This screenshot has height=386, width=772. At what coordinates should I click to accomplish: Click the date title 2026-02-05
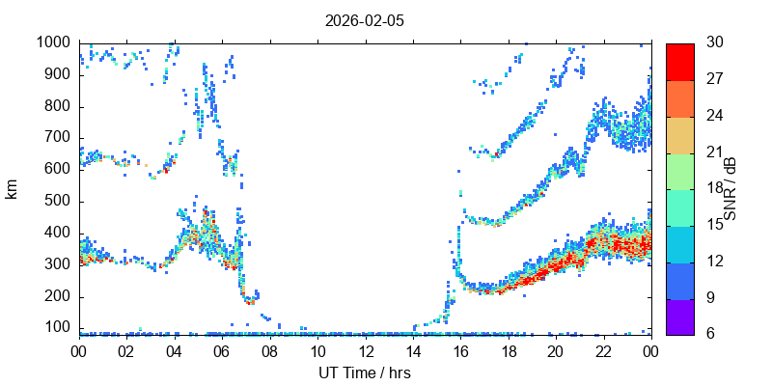(365, 19)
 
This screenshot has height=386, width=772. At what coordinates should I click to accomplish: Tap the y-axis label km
(12, 188)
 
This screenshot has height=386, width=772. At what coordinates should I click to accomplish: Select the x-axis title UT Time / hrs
(365, 372)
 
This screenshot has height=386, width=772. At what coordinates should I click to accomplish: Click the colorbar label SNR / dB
(731, 188)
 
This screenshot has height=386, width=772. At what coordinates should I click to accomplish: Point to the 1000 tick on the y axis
(53, 42)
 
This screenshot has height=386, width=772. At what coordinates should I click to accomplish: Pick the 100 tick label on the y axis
(57, 328)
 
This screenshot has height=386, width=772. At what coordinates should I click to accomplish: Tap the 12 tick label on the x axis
(365, 352)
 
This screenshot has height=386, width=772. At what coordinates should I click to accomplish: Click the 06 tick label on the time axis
(222, 352)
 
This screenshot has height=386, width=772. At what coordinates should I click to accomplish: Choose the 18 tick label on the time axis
(509, 352)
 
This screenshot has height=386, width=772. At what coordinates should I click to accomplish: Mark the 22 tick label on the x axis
(603, 352)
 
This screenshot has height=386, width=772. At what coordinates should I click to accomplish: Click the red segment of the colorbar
(679, 61)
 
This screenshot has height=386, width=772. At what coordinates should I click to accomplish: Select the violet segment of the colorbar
(679, 316)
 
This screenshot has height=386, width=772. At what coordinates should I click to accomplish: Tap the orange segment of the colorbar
(679, 97)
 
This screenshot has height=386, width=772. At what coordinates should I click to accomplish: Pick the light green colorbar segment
(679, 170)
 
